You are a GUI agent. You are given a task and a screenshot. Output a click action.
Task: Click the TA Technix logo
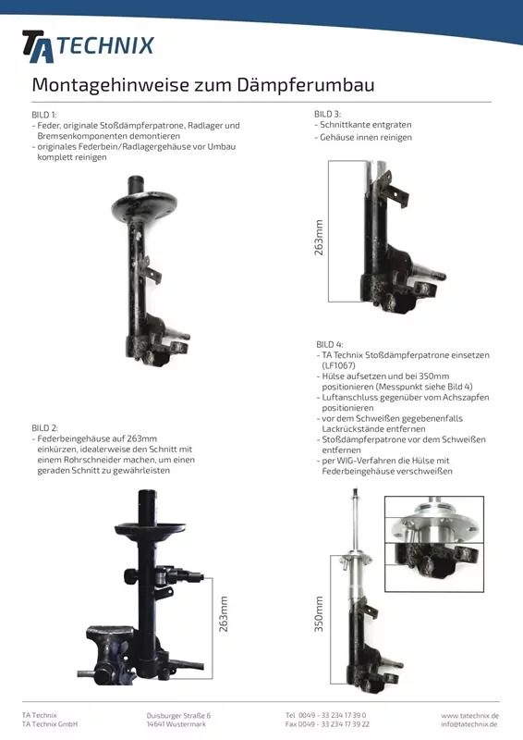click(x=88, y=45)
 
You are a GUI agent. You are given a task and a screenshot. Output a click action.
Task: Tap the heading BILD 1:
click(x=44, y=115)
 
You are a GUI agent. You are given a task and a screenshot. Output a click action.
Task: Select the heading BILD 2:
click(x=44, y=428)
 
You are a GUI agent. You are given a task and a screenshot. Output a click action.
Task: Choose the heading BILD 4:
click(x=329, y=344)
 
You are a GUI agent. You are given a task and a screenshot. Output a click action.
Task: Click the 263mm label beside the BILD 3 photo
click(x=320, y=238)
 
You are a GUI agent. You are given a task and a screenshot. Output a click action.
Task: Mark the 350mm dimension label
click(x=320, y=613)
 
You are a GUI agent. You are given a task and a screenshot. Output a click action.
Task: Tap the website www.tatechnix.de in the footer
click(x=469, y=715)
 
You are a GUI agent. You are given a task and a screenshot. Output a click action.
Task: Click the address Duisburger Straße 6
click(x=178, y=715)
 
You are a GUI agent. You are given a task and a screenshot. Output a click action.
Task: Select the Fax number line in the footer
click(x=327, y=724)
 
